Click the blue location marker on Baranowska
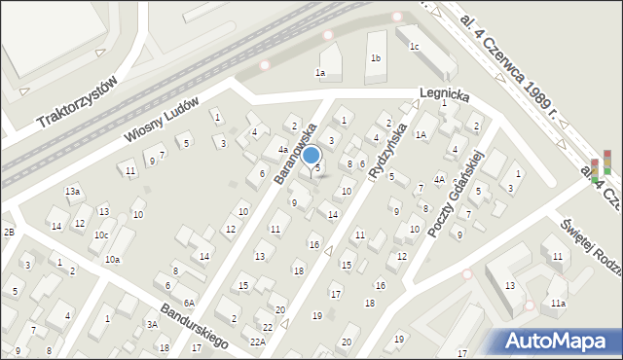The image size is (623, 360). coord(311,155)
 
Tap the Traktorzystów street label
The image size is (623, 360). coord(77,103)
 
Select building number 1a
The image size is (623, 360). coord(319,72)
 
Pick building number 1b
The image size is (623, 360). coord(375,58)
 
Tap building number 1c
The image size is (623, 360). coord(414,46)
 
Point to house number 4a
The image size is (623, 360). coord(282,150)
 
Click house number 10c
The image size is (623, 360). coord(101,235)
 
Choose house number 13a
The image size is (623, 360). coord(72,192)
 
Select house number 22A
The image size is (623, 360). coord(257,341)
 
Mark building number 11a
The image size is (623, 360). coord(557,304)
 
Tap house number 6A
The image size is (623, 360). coord(190,303)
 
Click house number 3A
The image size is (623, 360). coord(152,324)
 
